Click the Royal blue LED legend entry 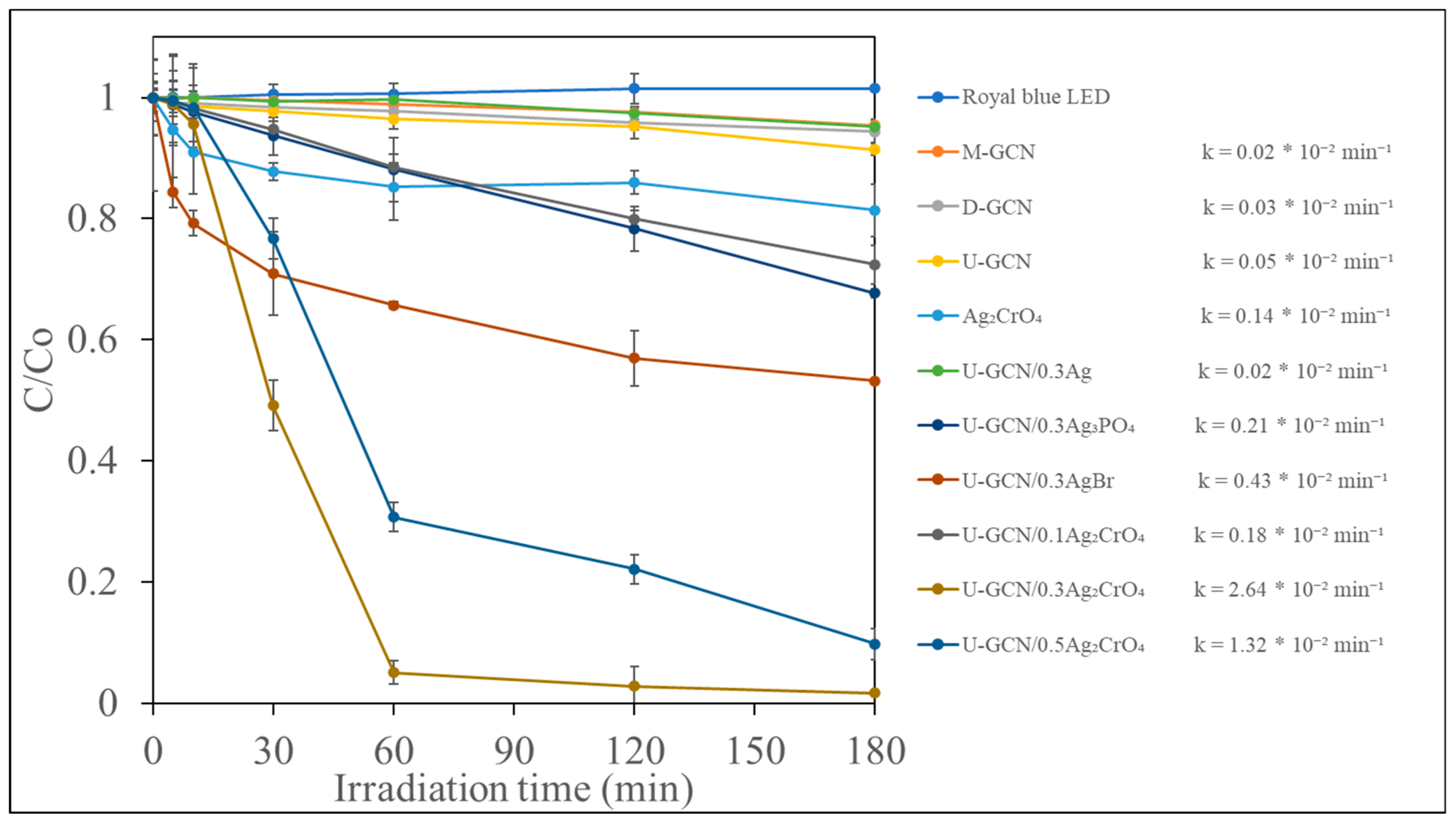pyautogui.click(x=1035, y=97)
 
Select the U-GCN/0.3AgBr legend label pyautogui.click(x=1037, y=481)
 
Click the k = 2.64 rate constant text pyautogui.click(x=1288, y=590)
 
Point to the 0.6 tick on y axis pyautogui.click(x=92, y=340)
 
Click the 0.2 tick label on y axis pyautogui.click(x=92, y=582)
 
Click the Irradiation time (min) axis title pyautogui.click(x=514, y=789)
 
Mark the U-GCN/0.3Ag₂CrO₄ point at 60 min pyautogui.click(x=393, y=672)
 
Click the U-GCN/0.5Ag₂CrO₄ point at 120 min pyautogui.click(x=634, y=569)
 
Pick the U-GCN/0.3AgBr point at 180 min pyautogui.click(x=874, y=381)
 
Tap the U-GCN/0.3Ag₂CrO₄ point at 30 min pyautogui.click(x=273, y=405)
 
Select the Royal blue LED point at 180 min pyautogui.click(x=874, y=88)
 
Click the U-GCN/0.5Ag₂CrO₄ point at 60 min pyautogui.click(x=393, y=517)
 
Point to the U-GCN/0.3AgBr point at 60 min pyautogui.click(x=393, y=305)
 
